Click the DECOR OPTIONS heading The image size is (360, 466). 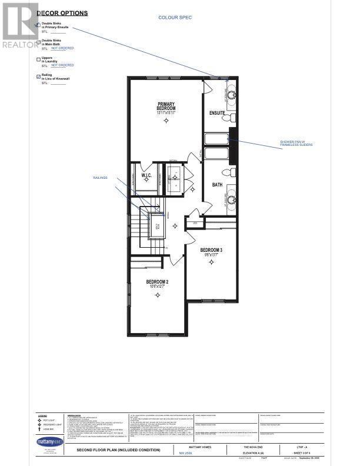point(63,13)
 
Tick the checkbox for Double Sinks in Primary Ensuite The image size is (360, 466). point(39,25)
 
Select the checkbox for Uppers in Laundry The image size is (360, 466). point(39,59)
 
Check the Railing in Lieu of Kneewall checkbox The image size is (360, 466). point(39,76)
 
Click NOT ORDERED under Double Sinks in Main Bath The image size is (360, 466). point(62,48)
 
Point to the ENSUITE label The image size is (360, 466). point(217,112)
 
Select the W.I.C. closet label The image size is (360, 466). point(147,175)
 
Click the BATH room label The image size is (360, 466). point(217,184)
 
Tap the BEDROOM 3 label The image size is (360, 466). point(211,249)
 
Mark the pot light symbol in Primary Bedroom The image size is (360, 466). point(166,121)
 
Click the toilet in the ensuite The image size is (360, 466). point(231,118)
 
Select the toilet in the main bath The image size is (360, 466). point(231,172)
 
